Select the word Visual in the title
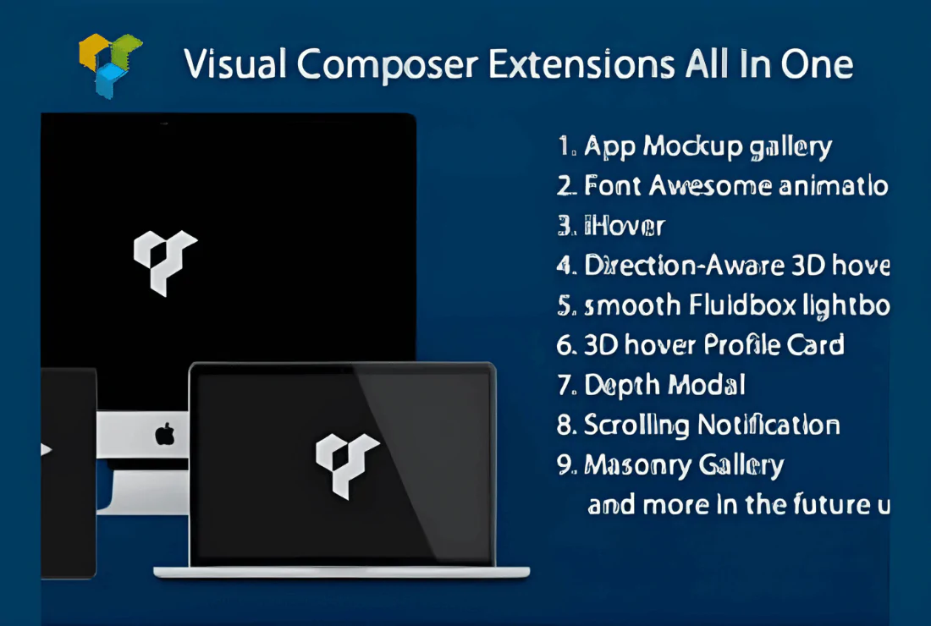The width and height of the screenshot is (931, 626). pos(235,64)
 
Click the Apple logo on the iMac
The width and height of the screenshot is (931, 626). pos(165,435)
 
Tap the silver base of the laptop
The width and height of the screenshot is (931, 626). pos(342,573)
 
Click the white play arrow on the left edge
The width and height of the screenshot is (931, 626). pos(46,449)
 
